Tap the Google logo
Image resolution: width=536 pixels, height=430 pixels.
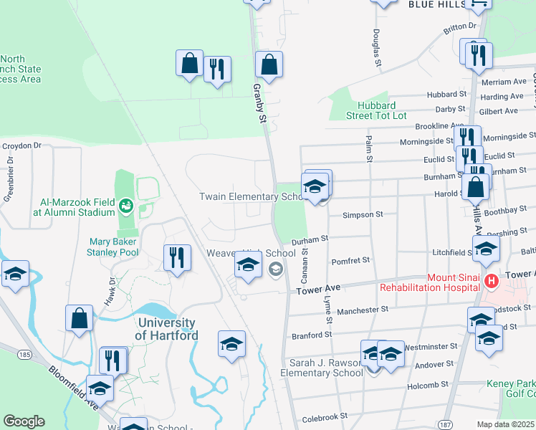[24, 421]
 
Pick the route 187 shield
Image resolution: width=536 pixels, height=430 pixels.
[445, 426]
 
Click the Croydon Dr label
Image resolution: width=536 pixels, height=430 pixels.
[22, 145]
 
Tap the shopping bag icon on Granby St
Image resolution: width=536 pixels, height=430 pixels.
[269, 65]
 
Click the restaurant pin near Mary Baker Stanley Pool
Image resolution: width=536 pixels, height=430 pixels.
[177, 257]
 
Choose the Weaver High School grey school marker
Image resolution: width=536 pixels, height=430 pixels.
[274, 269]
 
